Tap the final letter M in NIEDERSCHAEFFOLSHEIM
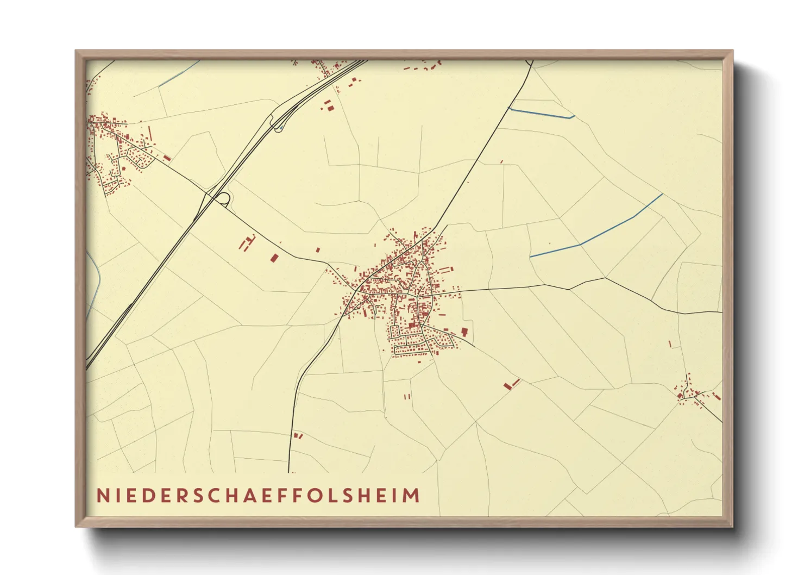click(x=413, y=496)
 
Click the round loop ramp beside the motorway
click(x=223, y=198)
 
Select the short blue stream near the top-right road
click(x=542, y=113)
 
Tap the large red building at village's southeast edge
click(x=464, y=332)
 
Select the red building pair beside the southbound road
click(x=298, y=435)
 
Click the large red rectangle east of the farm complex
click(x=274, y=258)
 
